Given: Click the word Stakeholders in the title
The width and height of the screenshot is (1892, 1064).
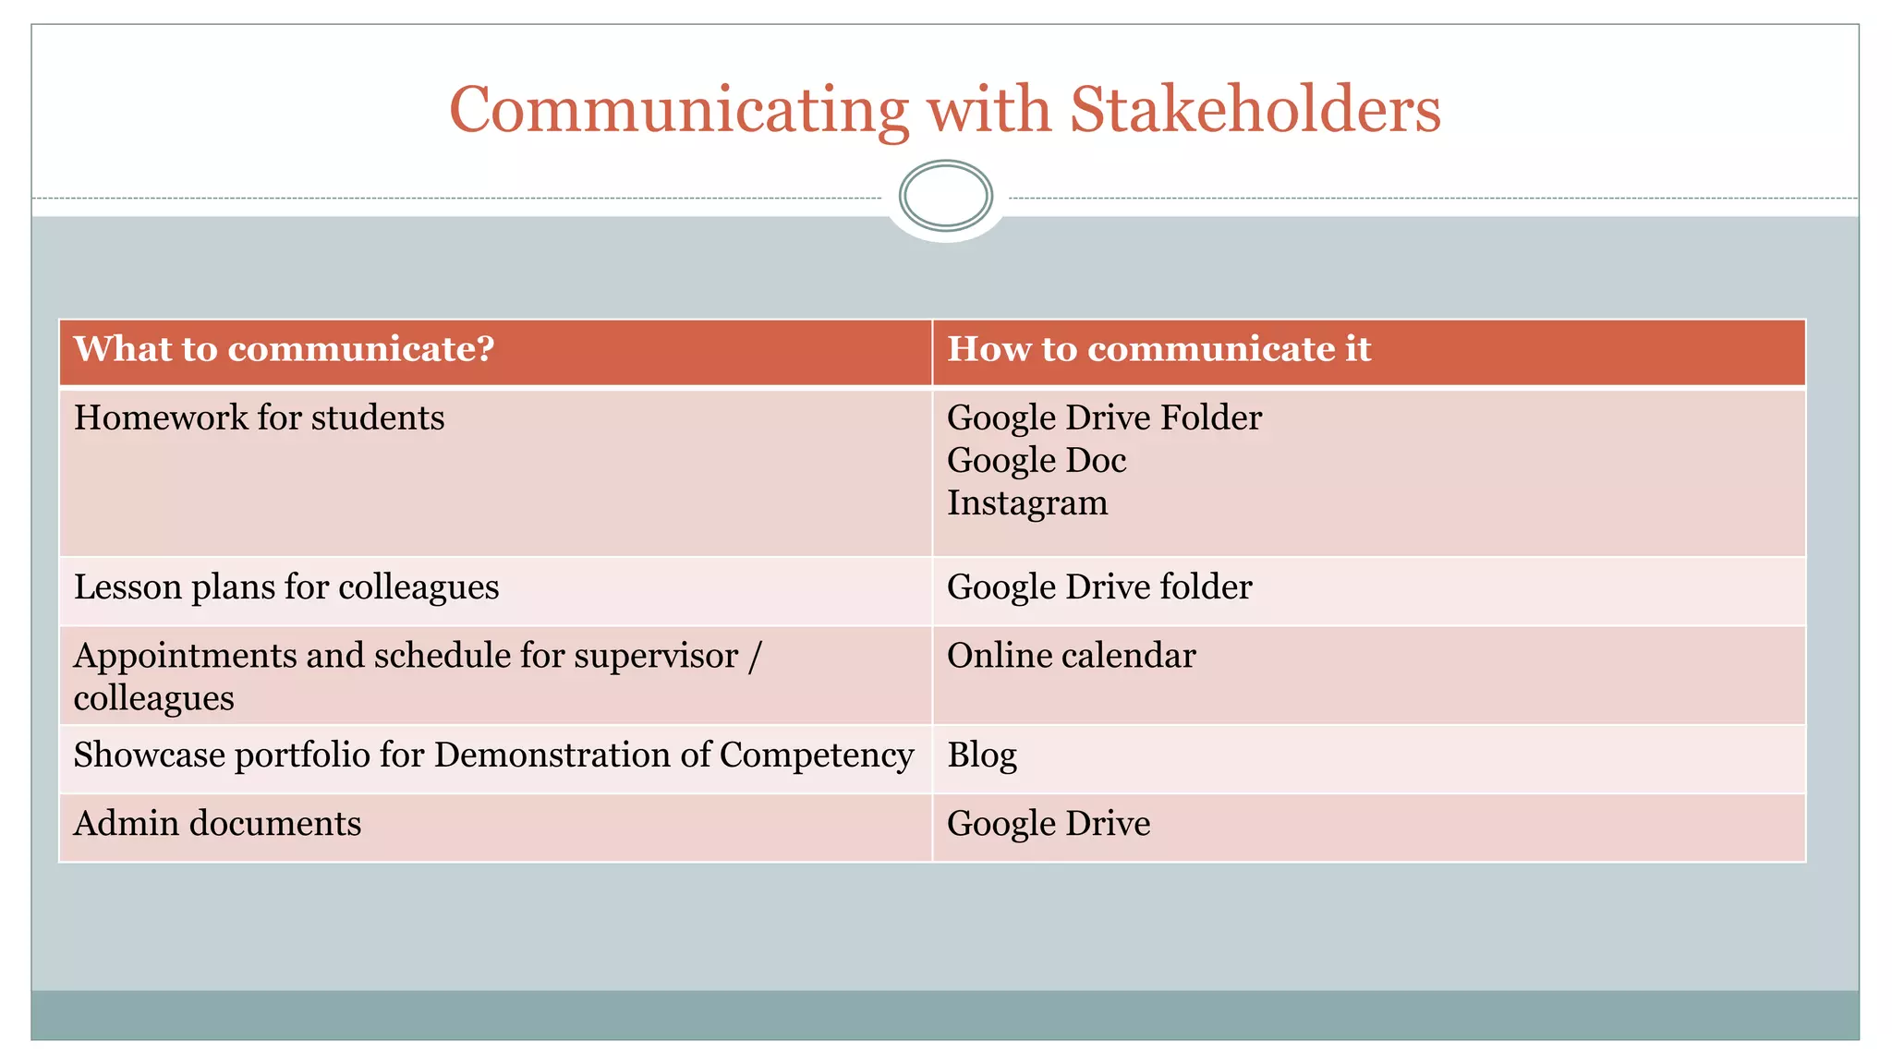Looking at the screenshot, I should (x=1255, y=111).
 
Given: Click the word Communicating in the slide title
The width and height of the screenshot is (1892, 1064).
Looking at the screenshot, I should (x=679, y=111).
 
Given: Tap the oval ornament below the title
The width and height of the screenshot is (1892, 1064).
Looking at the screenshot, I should (x=945, y=195).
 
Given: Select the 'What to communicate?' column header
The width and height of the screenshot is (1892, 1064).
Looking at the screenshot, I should (x=285, y=349).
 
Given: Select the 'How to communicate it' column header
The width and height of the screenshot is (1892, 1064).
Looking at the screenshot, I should (x=1158, y=349).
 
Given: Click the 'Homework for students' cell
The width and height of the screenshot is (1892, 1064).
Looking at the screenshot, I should (x=260, y=418).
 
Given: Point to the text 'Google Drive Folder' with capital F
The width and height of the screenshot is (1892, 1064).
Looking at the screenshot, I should (x=1104, y=418).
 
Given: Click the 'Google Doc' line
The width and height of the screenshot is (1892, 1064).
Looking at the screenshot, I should (x=1037, y=461).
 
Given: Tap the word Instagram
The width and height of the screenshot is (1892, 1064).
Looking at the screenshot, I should (x=1027, y=503).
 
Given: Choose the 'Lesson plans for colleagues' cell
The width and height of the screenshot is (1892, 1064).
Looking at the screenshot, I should (x=286, y=587).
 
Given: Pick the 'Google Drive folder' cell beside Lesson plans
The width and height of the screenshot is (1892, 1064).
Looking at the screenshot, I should (x=1099, y=587).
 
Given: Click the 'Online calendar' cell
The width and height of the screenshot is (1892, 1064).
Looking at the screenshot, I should (x=1071, y=656).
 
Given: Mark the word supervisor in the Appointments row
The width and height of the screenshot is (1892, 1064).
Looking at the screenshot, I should (x=656, y=657).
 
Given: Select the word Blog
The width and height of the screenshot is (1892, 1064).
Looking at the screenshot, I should (x=982, y=756).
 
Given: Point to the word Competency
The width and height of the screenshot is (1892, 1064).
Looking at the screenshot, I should (x=817, y=756).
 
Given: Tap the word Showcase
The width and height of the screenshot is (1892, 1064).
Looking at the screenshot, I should (x=149, y=756).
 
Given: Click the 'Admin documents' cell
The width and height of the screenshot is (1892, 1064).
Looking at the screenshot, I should (x=218, y=824).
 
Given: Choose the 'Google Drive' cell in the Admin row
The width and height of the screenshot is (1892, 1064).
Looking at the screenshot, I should (x=1049, y=824).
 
